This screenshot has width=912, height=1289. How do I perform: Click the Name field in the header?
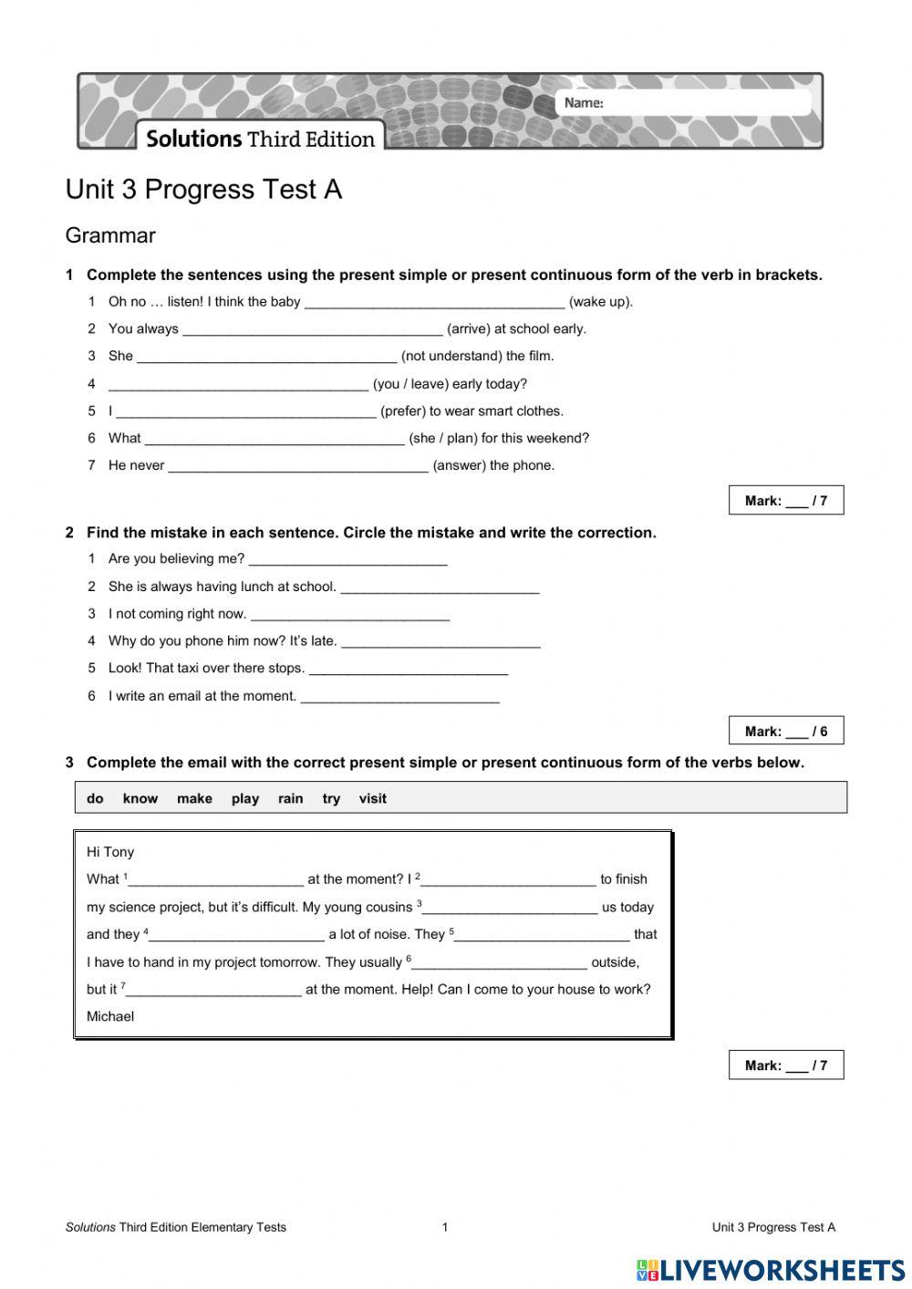[x=702, y=103]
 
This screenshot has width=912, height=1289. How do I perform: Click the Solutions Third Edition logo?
[x=261, y=139]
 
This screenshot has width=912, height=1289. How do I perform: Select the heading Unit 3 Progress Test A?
[x=203, y=190]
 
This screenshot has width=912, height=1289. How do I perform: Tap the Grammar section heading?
[x=110, y=235]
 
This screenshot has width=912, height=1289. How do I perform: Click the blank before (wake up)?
[x=434, y=302]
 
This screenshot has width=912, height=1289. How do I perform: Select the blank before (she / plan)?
[x=274, y=439]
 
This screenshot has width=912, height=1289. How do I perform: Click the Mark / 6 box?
[x=785, y=731]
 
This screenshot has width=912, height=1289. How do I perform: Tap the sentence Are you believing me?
[x=176, y=559]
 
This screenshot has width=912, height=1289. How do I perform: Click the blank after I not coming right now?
[x=349, y=615]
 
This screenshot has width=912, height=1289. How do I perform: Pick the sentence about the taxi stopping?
[x=206, y=669]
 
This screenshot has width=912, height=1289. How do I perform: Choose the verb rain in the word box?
[x=290, y=799]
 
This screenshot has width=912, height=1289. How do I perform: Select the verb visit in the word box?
[x=372, y=799]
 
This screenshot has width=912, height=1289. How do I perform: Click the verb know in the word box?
[x=140, y=799]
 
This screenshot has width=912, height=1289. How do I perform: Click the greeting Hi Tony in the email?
[x=110, y=852]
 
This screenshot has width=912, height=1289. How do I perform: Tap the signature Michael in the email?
[x=110, y=1017]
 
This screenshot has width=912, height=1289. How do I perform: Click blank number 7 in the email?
[x=213, y=991]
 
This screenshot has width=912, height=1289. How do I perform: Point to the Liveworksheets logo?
[x=771, y=1270]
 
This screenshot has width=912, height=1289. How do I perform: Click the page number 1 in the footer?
[x=445, y=1228]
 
